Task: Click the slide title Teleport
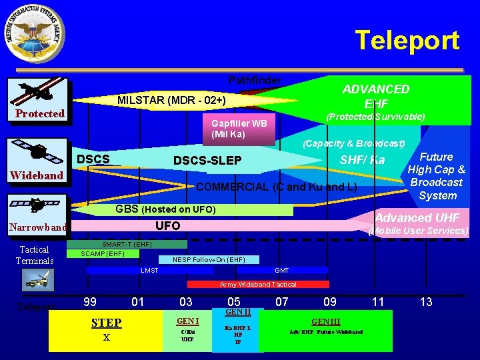(x=407, y=40)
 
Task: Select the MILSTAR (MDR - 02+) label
(x=171, y=101)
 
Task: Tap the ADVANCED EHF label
(x=375, y=96)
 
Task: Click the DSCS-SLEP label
(x=207, y=161)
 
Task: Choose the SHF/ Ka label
(x=362, y=159)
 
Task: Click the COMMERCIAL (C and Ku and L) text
(x=276, y=187)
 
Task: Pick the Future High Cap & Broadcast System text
(x=437, y=176)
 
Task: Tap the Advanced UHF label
(x=417, y=217)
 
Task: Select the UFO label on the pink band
(x=167, y=226)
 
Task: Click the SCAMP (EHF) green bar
(x=104, y=253)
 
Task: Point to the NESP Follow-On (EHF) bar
(x=209, y=259)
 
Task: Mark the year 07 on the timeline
(x=282, y=302)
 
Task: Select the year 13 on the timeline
(x=426, y=302)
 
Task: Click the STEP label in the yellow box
(x=106, y=323)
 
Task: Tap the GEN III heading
(x=326, y=321)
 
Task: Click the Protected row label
(x=40, y=113)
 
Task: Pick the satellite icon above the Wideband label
(x=37, y=151)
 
